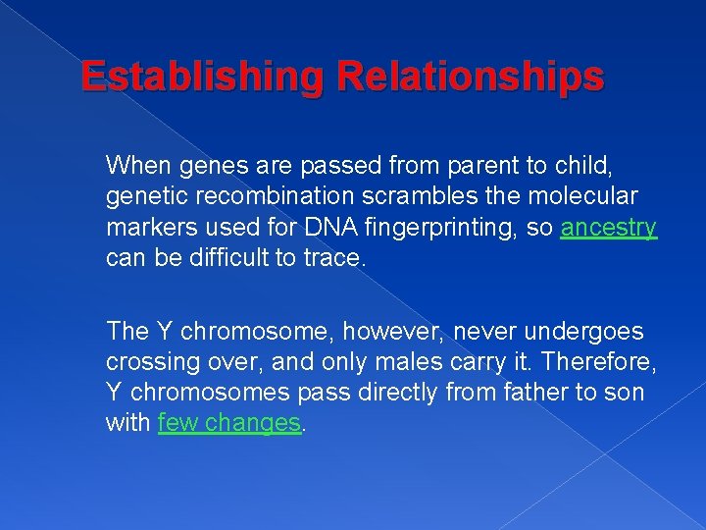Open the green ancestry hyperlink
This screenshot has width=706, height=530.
608,228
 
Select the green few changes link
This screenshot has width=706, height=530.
228,423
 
